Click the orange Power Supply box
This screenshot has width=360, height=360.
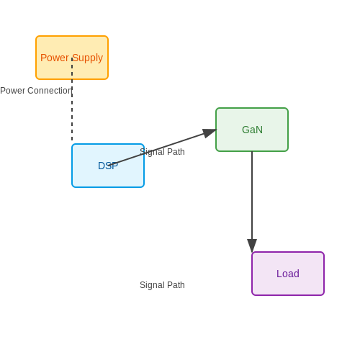click(x=72, y=58)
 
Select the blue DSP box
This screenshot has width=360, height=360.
click(x=108, y=166)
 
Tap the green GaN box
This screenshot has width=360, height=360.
click(x=252, y=130)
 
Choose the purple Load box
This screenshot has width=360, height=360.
click(x=288, y=274)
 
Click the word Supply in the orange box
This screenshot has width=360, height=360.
click(x=87, y=58)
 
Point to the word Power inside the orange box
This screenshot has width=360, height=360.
click(x=55, y=58)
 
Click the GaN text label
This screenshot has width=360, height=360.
click(x=252, y=130)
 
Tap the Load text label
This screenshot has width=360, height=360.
click(x=288, y=274)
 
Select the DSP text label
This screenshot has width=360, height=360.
click(x=108, y=166)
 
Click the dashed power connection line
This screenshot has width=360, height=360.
click(x=72, y=99)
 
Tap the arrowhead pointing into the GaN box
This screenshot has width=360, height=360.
click(x=210, y=133)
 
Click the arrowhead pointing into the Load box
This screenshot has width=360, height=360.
click(x=252, y=246)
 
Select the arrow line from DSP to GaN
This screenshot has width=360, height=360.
click(x=163, y=148)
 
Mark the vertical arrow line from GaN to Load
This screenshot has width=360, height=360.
click(x=252, y=202)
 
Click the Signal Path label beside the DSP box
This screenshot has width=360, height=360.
click(x=162, y=152)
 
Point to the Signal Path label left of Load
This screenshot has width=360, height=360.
click(x=162, y=285)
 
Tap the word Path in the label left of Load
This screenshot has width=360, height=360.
click(x=176, y=285)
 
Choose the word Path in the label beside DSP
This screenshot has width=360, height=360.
click(x=176, y=152)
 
